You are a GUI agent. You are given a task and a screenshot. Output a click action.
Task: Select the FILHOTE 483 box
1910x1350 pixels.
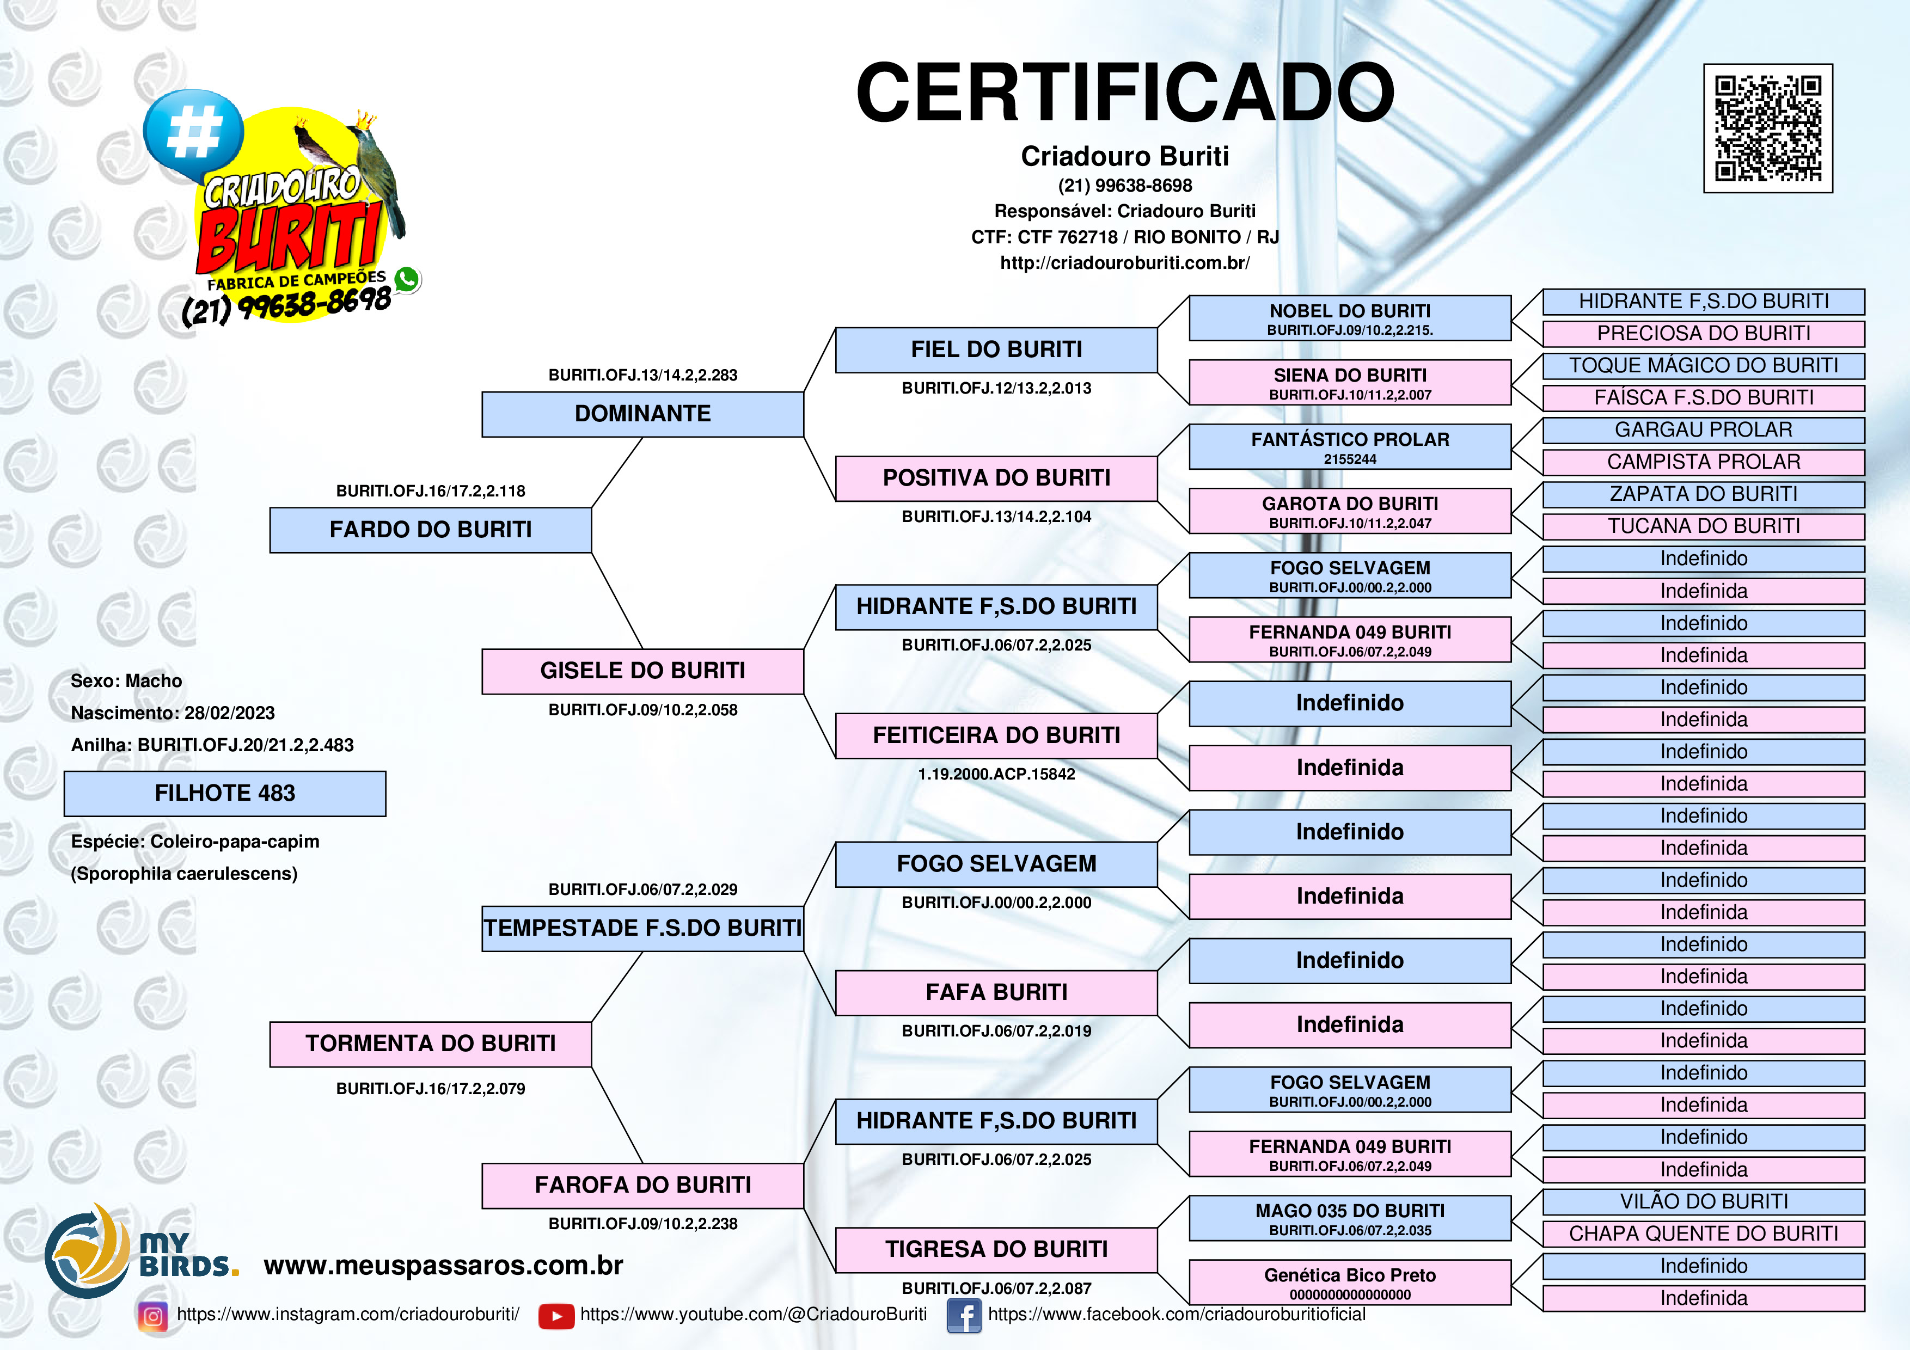tap(225, 794)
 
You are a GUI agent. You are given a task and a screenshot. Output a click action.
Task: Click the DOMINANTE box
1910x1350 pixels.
tap(642, 414)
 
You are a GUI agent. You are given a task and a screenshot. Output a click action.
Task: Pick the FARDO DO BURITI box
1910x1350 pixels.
tap(430, 530)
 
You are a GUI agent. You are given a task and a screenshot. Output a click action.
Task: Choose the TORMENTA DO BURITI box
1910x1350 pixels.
tap(430, 1044)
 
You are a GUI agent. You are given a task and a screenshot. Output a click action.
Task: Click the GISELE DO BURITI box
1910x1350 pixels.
tap(642, 671)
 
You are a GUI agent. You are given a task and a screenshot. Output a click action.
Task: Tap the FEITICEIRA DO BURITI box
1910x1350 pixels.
tap(996, 735)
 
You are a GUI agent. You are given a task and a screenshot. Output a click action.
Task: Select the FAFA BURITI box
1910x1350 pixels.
tap(996, 992)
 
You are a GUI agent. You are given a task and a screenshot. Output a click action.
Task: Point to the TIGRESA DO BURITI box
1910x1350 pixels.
tap(996, 1249)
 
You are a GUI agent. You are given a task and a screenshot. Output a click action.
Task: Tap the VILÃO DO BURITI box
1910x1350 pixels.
tap(1703, 1202)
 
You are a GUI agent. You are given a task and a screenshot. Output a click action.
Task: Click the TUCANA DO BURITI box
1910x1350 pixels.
tap(1703, 526)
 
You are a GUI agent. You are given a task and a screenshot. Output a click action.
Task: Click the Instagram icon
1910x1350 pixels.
tap(152, 1316)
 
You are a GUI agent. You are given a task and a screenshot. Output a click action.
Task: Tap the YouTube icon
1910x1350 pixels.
tap(556, 1316)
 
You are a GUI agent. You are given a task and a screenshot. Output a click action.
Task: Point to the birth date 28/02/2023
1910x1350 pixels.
tap(230, 713)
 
